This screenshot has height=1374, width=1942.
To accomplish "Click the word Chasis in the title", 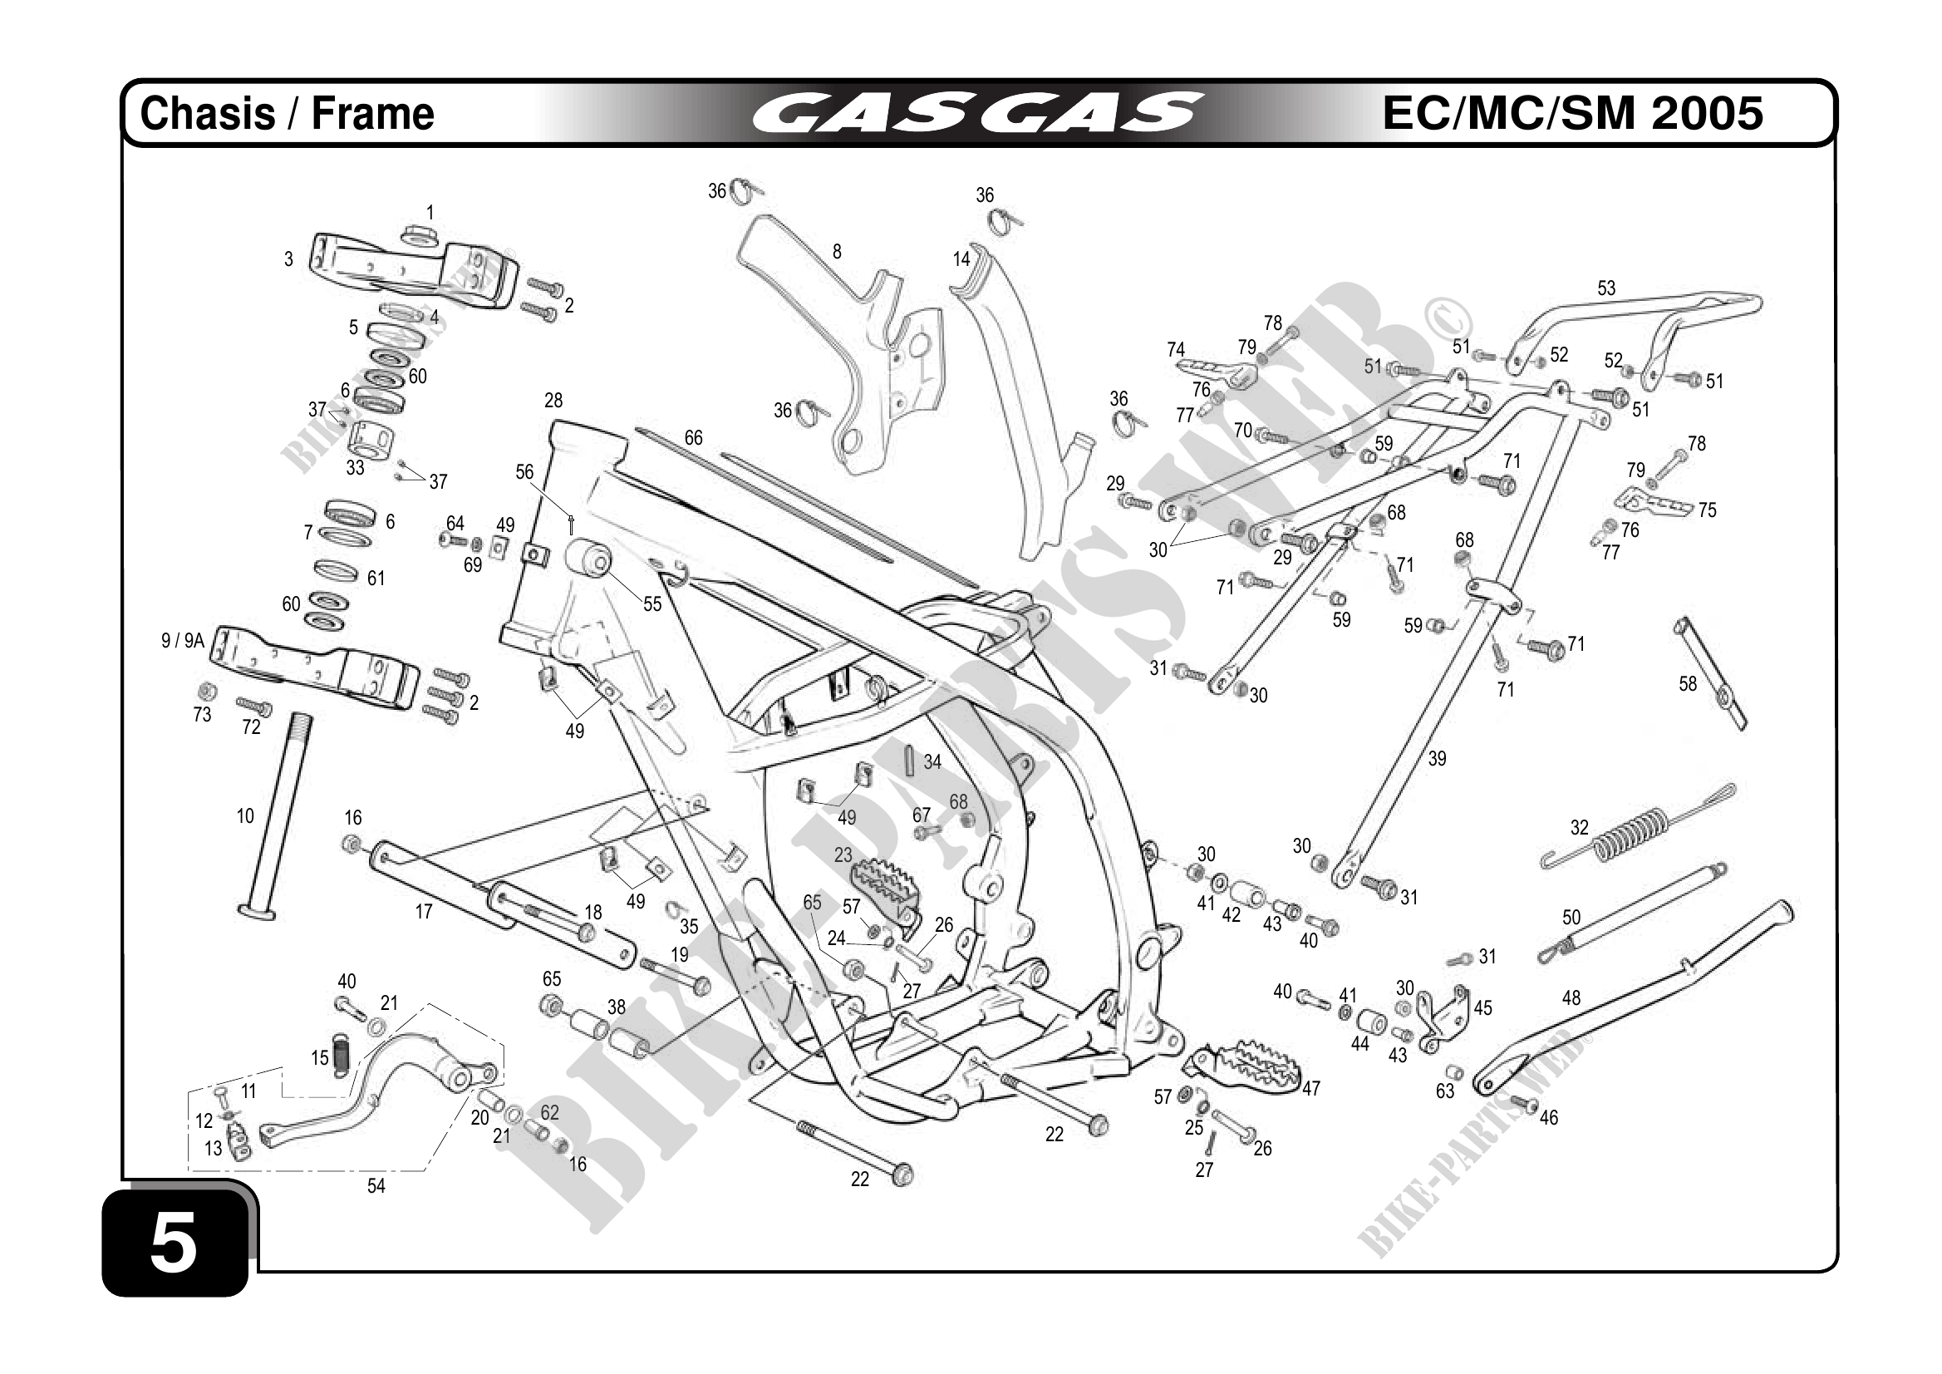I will tap(207, 113).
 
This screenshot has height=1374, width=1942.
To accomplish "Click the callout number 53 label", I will tap(1605, 288).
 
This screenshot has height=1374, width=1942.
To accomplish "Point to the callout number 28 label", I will tap(553, 400).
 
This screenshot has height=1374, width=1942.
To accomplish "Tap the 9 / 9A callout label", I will tap(183, 641).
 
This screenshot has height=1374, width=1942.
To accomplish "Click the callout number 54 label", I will tap(376, 1186).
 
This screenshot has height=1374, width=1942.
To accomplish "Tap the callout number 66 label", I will tap(693, 438).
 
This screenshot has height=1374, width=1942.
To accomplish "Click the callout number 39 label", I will tap(1437, 759).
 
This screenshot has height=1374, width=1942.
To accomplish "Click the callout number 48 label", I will tap(1571, 997).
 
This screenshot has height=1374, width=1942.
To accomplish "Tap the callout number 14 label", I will tap(961, 259).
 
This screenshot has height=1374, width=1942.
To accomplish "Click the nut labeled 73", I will tap(204, 692).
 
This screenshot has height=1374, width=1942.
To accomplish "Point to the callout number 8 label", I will tap(837, 251).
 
